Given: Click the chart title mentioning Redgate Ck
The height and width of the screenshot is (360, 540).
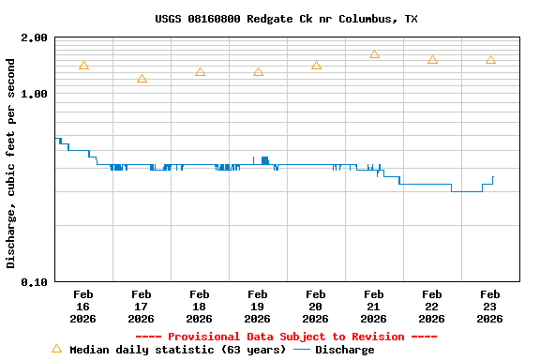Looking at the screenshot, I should (x=286, y=19).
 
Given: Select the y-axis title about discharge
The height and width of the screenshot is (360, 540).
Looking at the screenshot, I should (x=11, y=163).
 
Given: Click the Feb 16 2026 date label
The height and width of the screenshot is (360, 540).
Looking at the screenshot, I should (x=83, y=307).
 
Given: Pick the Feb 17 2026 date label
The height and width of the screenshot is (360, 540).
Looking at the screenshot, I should (x=142, y=307).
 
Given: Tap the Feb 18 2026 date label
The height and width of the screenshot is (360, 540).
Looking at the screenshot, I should (x=200, y=307).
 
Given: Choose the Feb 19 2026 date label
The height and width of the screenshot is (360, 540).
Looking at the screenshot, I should (x=258, y=307).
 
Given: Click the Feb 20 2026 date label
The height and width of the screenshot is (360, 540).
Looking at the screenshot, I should (x=316, y=307).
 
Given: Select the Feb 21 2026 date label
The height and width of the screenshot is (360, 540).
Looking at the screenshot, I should (x=374, y=307).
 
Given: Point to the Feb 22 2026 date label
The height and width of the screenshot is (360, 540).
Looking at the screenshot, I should (x=432, y=307).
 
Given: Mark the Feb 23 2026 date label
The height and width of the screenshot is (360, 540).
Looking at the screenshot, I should (x=490, y=307).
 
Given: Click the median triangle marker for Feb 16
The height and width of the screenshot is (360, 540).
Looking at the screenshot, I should (x=83, y=66).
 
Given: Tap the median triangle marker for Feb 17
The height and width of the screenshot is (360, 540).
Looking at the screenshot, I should (x=142, y=79).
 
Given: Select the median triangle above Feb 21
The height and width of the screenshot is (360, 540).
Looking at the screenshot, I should (x=374, y=54).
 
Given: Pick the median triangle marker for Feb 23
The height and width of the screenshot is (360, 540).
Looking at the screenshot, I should (x=490, y=60).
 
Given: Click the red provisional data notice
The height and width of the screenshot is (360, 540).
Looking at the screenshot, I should (x=286, y=337).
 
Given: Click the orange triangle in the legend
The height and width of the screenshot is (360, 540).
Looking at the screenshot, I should (x=56, y=349).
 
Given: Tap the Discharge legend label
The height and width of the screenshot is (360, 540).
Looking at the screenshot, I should (x=344, y=350).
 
